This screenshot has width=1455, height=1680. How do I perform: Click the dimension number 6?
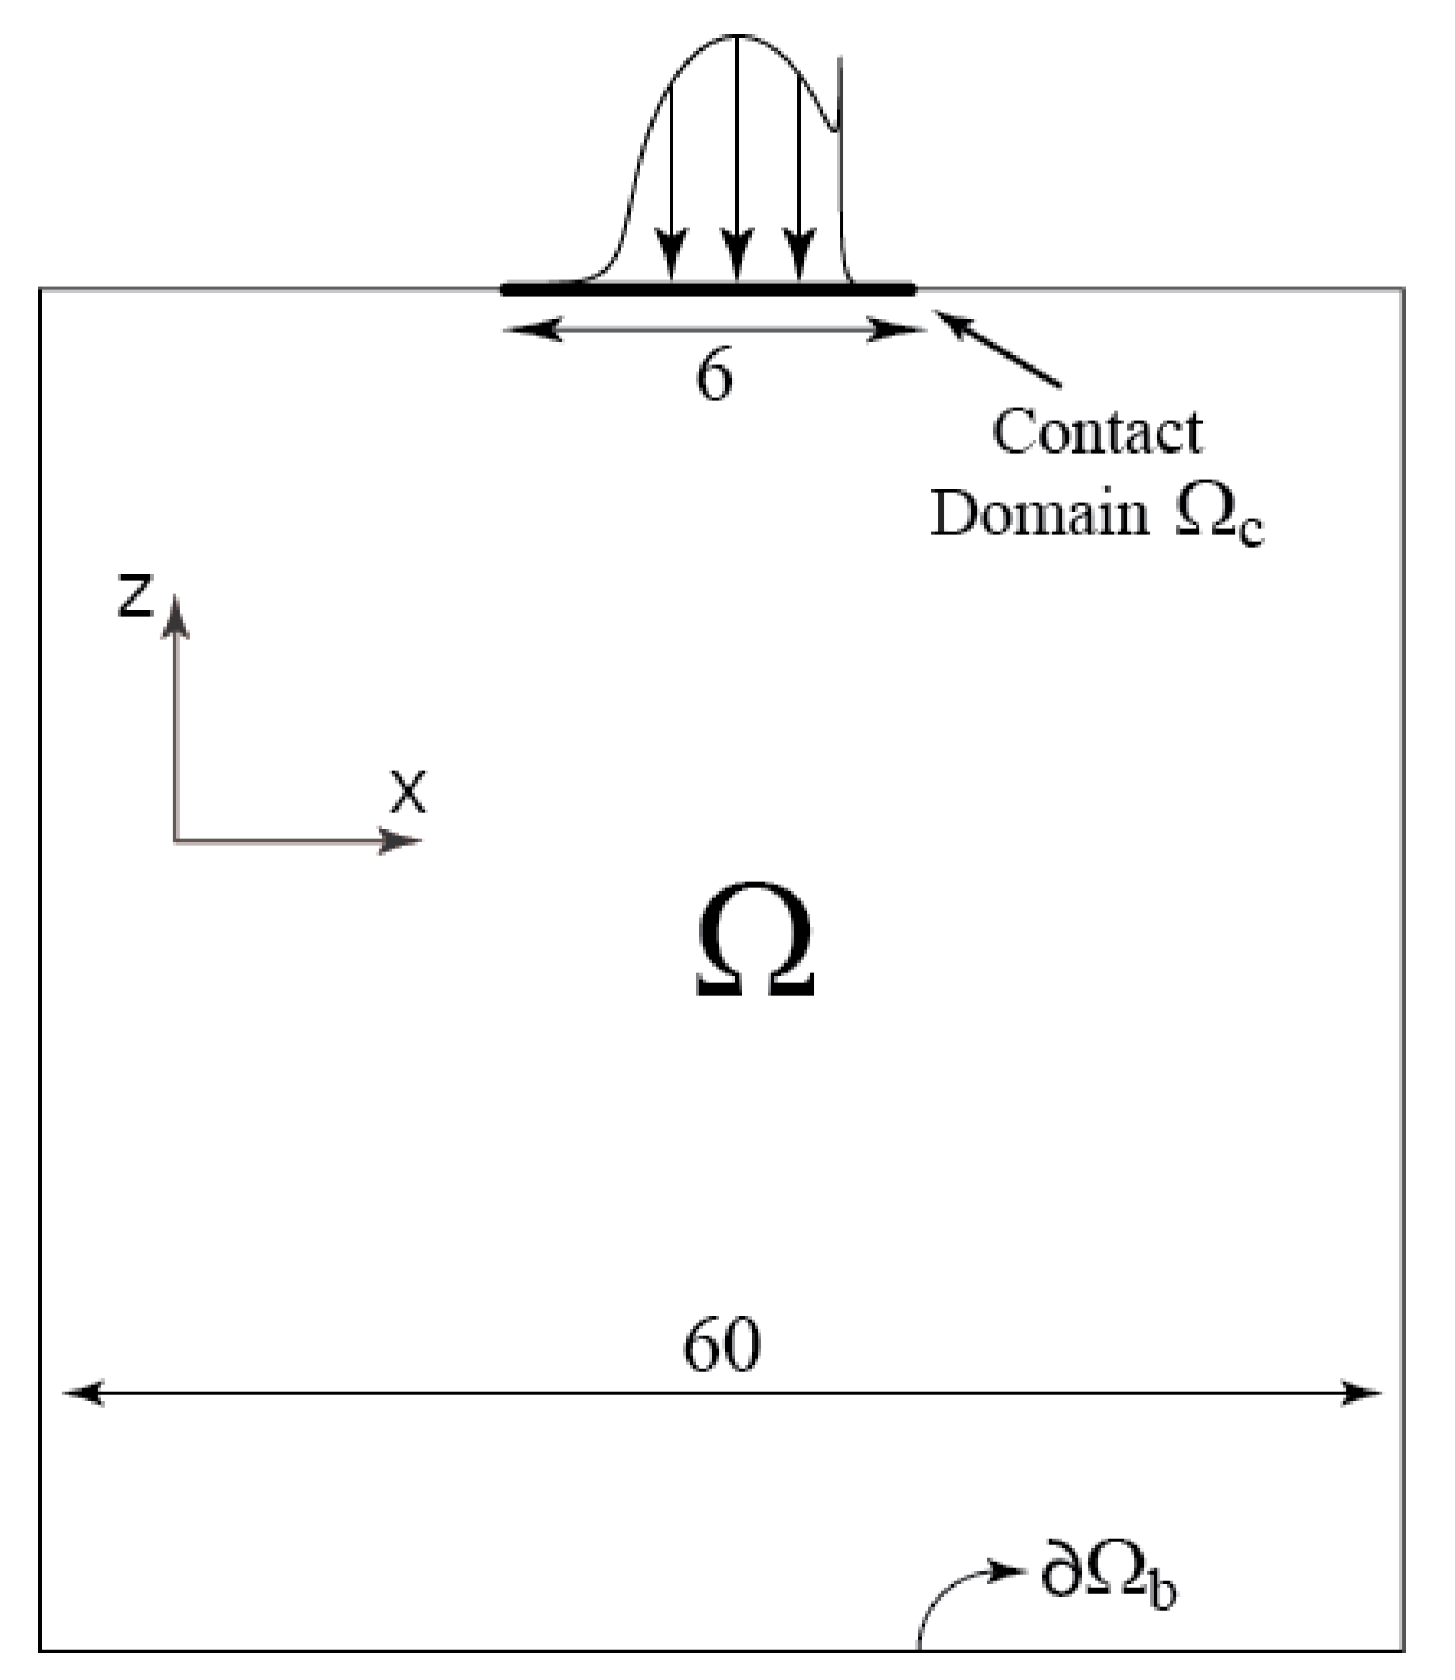(x=714, y=378)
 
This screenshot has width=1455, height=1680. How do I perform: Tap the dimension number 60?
(x=721, y=1346)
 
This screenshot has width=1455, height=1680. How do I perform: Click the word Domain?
(x=1040, y=514)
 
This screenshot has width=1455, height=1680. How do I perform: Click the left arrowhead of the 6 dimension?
(x=531, y=330)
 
